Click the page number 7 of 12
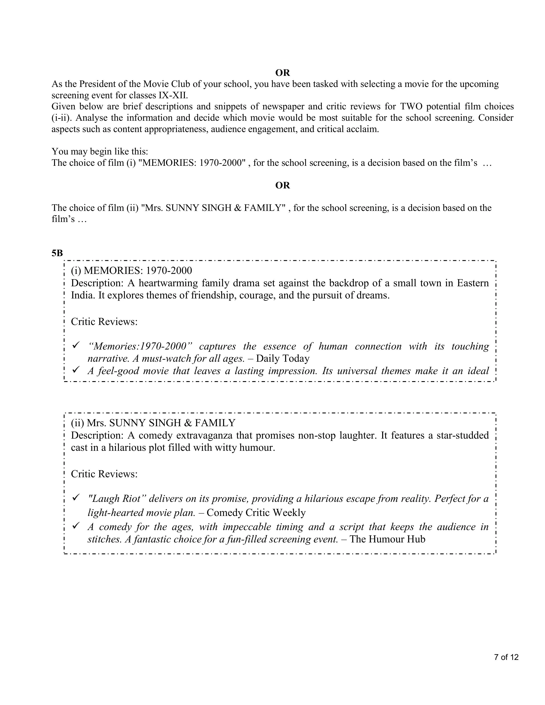coord(506,657)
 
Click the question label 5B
coord(57,253)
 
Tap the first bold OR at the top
coord(283,73)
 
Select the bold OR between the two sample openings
coord(283,185)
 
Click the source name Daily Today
coord(283,358)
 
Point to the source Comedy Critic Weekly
coord(256,512)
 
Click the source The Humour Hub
coord(387,539)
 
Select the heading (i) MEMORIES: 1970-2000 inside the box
coord(131,270)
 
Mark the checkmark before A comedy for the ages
coord(76,526)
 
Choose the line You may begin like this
coord(100,151)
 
